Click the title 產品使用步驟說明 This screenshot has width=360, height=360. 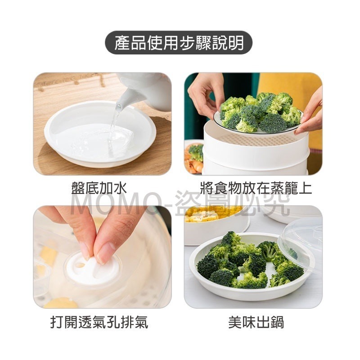(179, 43)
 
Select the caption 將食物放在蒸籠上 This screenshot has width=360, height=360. (256, 188)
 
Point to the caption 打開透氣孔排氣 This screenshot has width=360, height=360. (99, 322)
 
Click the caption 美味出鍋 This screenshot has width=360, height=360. (256, 322)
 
